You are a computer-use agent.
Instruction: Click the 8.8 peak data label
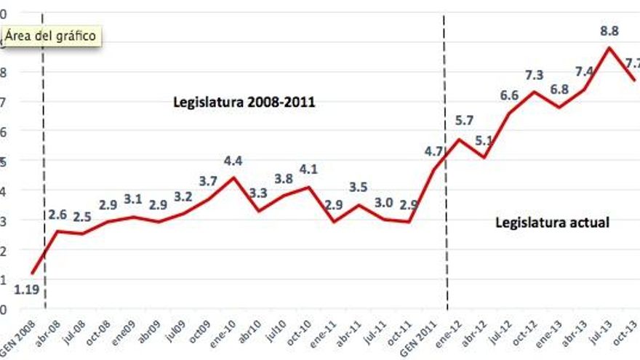(x=609, y=31)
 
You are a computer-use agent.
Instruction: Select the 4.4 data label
(x=233, y=161)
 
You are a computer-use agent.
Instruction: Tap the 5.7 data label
(x=463, y=121)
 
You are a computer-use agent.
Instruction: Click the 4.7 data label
(x=433, y=152)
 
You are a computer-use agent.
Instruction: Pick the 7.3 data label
(x=533, y=75)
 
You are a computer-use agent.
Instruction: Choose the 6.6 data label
(x=508, y=95)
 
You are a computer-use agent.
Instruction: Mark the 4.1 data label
(x=308, y=169)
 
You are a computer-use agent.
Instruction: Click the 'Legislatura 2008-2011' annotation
(x=244, y=102)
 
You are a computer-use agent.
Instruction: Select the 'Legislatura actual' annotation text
(x=552, y=223)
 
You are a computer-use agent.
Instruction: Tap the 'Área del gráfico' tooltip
(x=51, y=35)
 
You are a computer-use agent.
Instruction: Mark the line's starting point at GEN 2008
(x=32, y=273)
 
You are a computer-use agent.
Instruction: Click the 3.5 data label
(x=358, y=188)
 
